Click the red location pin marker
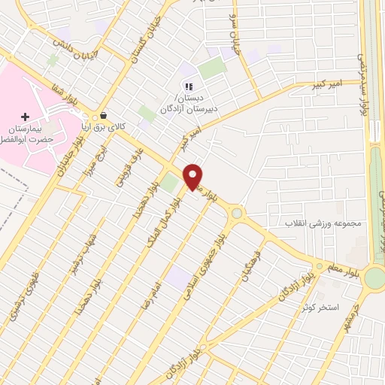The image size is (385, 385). pyautogui.click(x=193, y=176)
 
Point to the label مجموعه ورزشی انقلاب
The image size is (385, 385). pyautogui.click(x=324, y=224)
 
